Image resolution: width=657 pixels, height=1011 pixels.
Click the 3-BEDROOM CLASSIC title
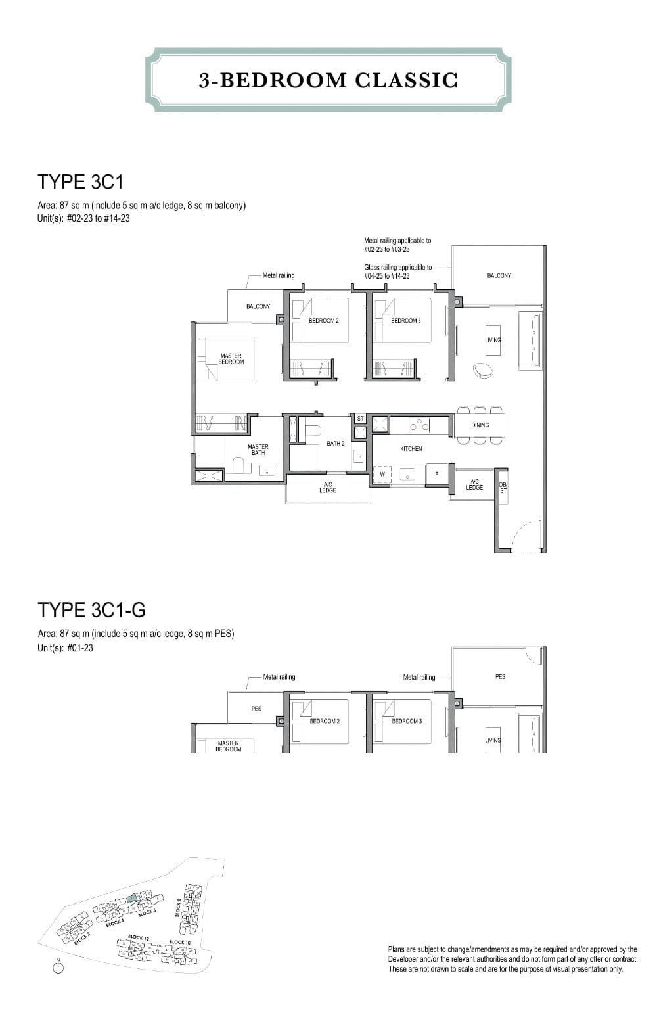pyautogui.click(x=328, y=80)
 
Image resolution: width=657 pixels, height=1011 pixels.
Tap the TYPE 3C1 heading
pyautogui.click(x=81, y=181)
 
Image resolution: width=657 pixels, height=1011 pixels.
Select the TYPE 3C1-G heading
pyautogui.click(x=92, y=610)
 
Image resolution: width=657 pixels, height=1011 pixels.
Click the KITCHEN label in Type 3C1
pyautogui.click(x=411, y=449)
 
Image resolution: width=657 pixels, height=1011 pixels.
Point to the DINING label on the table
pyautogui.click(x=480, y=425)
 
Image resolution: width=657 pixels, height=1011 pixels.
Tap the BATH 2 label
pyautogui.click(x=335, y=444)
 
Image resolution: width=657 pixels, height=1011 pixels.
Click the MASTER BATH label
pyautogui.click(x=258, y=450)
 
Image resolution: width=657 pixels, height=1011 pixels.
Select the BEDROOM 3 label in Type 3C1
pyautogui.click(x=406, y=321)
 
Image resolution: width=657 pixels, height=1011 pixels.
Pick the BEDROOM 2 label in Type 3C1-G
pyautogui.click(x=325, y=721)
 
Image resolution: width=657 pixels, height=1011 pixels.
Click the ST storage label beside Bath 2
pyautogui.click(x=360, y=419)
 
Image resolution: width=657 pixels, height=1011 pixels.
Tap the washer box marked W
pyautogui.click(x=382, y=474)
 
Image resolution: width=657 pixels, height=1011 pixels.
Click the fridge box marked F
pyautogui.click(x=437, y=474)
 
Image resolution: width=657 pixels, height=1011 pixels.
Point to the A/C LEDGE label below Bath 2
pyautogui.click(x=328, y=487)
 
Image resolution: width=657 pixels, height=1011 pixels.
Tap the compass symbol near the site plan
pyautogui.click(x=58, y=967)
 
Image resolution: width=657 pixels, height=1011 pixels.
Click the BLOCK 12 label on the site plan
pyautogui.click(x=136, y=937)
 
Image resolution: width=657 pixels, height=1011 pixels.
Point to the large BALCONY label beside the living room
pyautogui.click(x=499, y=276)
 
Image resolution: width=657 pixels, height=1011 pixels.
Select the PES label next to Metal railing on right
pyautogui.click(x=500, y=676)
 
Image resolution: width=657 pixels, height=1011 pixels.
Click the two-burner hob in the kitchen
pyautogui.click(x=419, y=426)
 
